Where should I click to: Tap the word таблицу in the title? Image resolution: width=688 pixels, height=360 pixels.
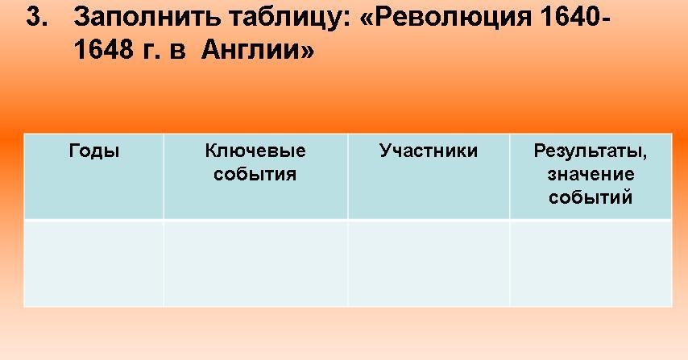pyautogui.click(x=288, y=19)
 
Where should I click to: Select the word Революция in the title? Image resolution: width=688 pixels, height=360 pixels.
pyautogui.click(x=445, y=18)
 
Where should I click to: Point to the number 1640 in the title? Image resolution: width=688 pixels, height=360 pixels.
pyautogui.click(x=574, y=17)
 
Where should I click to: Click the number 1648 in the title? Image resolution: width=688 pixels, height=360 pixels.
pyautogui.click(x=104, y=48)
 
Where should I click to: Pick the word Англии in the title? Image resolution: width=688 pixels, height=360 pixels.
pyautogui.click(x=250, y=48)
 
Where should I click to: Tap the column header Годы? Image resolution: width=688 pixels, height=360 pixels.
pyautogui.click(x=94, y=151)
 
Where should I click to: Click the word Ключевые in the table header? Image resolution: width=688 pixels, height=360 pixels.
pyautogui.click(x=255, y=151)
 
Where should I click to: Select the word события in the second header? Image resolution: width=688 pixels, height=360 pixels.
pyautogui.click(x=255, y=174)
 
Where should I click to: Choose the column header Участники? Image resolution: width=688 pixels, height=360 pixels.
pyautogui.click(x=429, y=151)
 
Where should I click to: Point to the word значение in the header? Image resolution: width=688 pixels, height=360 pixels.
pyautogui.click(x=591, y=175)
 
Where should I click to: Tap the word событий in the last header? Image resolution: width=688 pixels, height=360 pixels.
pyautogui.click(x=591, y=197)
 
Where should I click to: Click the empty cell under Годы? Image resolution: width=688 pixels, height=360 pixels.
pyautogui.click(x=94, y=263)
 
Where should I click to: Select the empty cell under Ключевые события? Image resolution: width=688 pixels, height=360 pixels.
pyautogui.click(x=256, y=263)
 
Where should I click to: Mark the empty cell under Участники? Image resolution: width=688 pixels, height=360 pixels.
pyautogui.click(x=429, y=263)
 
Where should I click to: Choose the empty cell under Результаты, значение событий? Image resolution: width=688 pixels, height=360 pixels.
pyautogui.click(x=591, y=263)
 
